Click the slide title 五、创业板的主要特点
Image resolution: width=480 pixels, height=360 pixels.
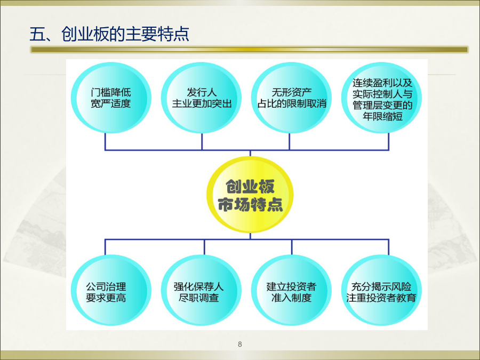tap(109, 34)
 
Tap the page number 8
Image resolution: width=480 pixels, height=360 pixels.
tap(240, 344)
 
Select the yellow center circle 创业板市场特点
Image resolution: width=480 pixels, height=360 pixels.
tap(250, 195)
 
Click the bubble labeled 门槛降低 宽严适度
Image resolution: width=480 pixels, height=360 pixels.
tap(111, 98)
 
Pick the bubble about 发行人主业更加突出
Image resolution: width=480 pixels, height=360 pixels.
tap(202, 98)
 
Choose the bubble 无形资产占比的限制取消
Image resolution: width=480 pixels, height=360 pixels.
tap(291, 98)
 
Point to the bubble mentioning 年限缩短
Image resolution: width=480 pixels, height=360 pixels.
tap(382, 98)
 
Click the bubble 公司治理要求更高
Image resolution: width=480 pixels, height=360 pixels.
tap(111, 290)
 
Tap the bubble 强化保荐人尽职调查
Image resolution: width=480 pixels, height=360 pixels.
tap(202, 290)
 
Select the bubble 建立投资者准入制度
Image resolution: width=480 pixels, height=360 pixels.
tap(291, 290)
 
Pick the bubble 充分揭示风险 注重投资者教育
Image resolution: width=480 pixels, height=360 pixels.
tap(382, 290)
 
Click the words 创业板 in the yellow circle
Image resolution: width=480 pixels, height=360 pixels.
tap(250, 187)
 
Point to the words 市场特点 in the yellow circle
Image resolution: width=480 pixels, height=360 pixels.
tap(250, 204)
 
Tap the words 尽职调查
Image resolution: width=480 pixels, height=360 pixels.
tap(199, 298)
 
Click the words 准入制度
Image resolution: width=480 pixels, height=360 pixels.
tap(291, 298)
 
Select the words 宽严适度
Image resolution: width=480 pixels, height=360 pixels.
tap(111, 103)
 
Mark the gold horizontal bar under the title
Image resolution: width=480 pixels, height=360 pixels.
tap(250, 49)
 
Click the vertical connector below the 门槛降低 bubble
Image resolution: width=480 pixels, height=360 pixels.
tap(105, 141)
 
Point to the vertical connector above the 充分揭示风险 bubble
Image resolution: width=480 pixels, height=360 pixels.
tap(388, 247)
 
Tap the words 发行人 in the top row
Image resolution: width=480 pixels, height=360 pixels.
tap(202, 92)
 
